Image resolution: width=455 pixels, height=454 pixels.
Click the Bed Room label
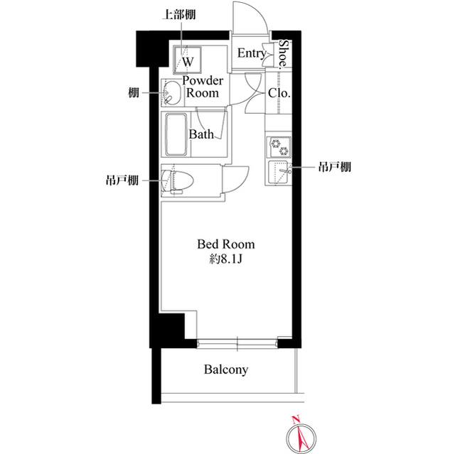point(225,244)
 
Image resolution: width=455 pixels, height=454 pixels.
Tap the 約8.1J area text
point(225,259)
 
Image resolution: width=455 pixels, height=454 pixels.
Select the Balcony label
point(225,370)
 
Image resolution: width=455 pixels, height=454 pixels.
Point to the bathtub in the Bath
point(175,135)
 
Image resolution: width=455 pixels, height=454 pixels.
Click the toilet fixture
point(178,179)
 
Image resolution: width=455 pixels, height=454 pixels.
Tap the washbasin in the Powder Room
point(171,93)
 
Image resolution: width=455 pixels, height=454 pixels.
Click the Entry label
point(252,53)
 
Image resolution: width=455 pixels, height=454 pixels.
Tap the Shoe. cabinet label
point(282,53)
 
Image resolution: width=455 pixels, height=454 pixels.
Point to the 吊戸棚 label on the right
point(335,168)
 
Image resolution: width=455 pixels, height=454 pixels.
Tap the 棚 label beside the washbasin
point(134,92)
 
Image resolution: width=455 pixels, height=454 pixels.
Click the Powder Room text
point(204,87)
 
